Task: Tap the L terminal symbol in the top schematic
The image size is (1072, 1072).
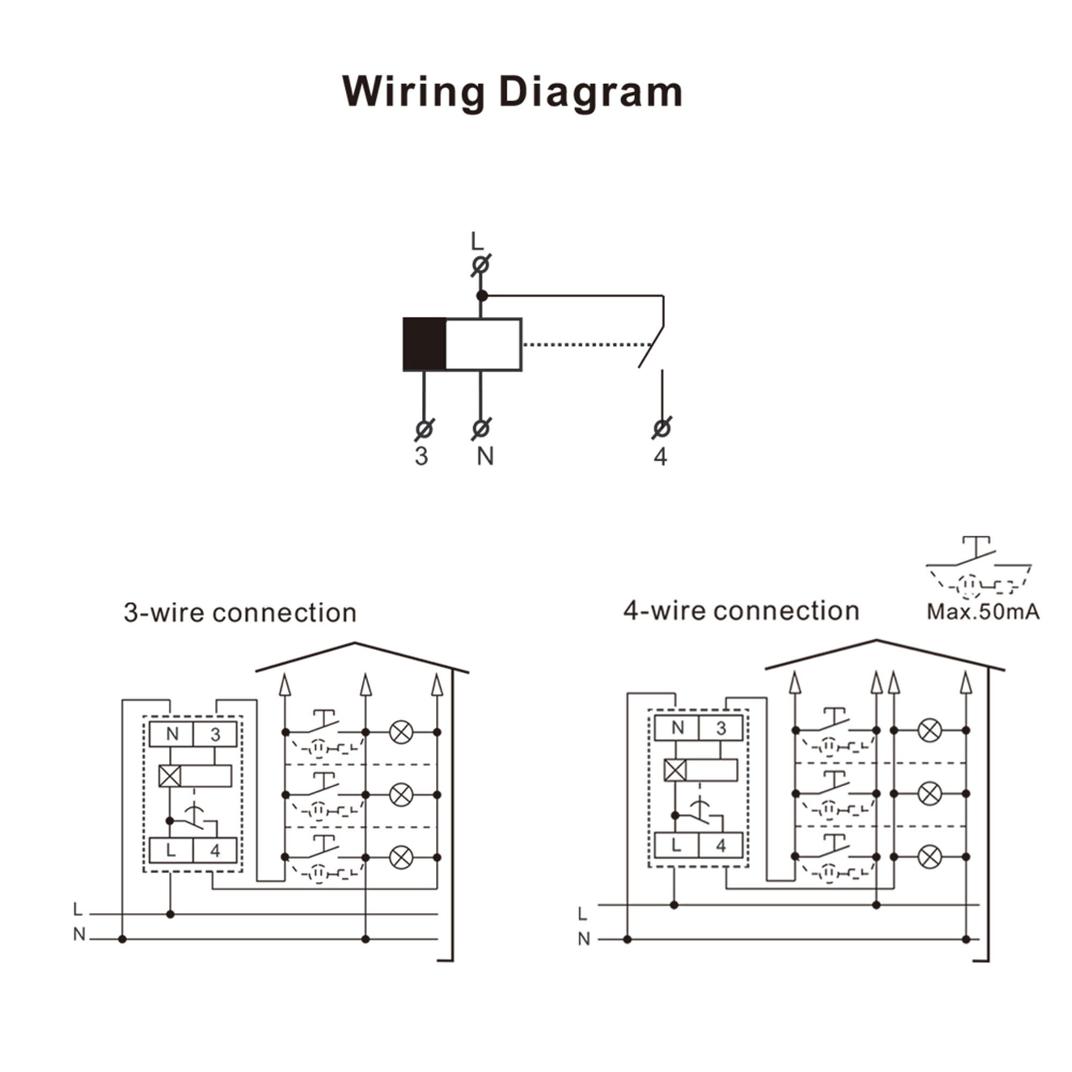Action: click(x=480, y=265)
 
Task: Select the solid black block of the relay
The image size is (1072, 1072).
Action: click(x=425, y=344)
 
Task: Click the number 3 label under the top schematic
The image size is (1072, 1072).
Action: click(x=422, y=456)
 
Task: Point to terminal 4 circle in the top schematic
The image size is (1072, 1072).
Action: click(x=661, y=428)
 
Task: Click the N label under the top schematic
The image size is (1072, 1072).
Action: click(x=485, y=456)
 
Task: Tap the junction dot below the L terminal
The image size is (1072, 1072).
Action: click(x=482, y=296)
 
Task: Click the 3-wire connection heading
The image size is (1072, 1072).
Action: click(x=240, y=613)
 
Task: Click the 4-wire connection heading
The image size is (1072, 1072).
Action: click(x=741, y=611)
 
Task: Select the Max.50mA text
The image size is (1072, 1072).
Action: click(x=982, y=612)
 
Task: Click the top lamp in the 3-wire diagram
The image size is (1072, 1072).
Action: click(x=401, y=732)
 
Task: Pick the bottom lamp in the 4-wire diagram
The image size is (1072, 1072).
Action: click(x=930, y=857)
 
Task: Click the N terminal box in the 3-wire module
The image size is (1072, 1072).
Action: click(x=172, y=734)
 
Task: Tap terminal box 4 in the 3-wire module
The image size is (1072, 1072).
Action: click(x=215, y=850)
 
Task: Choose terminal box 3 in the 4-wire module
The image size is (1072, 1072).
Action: click(x=721, y=728)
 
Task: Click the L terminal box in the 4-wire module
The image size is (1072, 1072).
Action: click(x=676, y=846)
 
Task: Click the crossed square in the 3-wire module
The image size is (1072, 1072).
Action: click(x=170, y=776)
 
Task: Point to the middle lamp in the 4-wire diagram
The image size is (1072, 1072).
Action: click(x=930, y=793)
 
